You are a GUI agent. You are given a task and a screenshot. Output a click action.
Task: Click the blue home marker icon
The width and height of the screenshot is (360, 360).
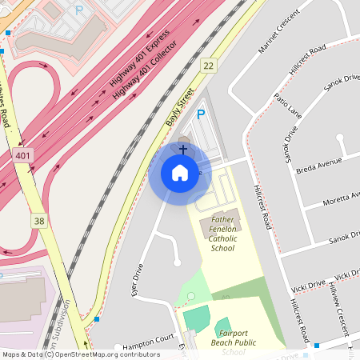(179, 173)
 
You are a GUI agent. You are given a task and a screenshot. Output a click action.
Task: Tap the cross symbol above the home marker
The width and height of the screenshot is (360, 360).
(183, 149)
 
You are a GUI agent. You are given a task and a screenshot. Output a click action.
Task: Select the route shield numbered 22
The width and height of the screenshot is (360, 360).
(209, 66)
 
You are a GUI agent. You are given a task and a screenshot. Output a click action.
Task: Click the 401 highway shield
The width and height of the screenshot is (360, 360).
(23, 155)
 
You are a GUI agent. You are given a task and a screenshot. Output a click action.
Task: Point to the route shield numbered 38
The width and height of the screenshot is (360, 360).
(38, 219)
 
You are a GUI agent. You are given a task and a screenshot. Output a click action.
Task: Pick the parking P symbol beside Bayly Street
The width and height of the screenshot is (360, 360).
(202, 115)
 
